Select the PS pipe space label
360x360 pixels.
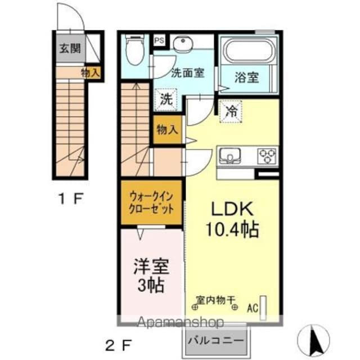[x=160, y=40]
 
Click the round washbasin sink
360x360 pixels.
[x=183, y=44]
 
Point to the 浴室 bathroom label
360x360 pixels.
[x=246, y=77]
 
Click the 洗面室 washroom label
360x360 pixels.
[x=187, y=72]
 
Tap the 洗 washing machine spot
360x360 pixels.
[x=165, y=100]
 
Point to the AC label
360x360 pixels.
[x=253, y=308]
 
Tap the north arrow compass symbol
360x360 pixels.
[x=316, y=340]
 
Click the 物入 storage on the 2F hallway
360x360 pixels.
[x=166, y=130]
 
